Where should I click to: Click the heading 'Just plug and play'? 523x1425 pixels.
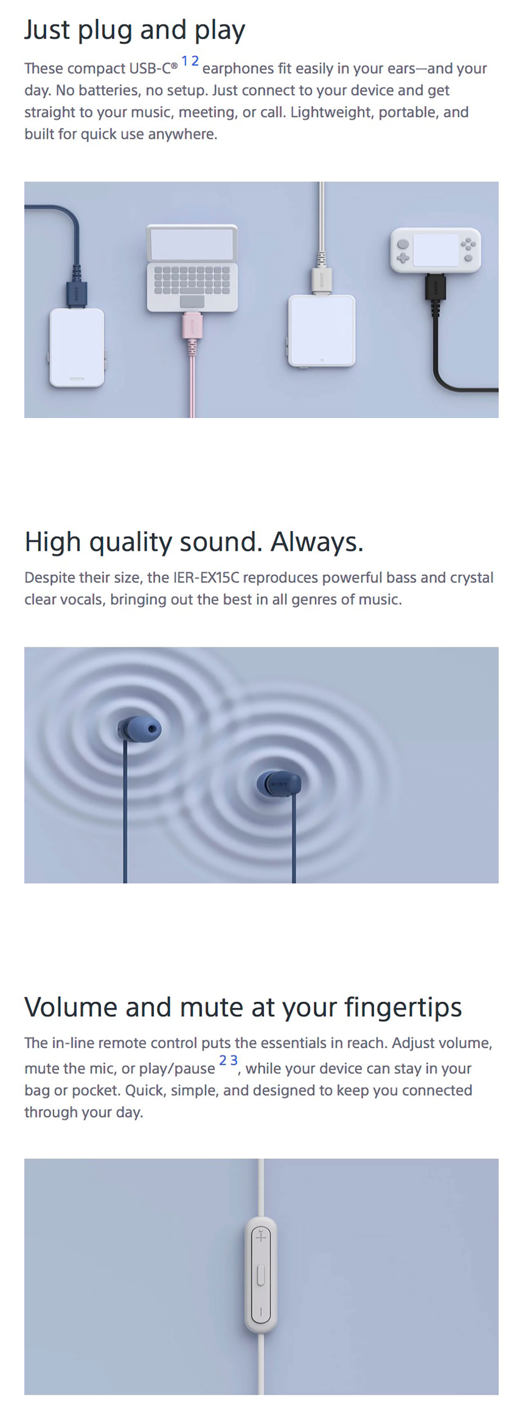[x=134, y=31]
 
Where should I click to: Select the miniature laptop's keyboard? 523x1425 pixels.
[x=192, y=279]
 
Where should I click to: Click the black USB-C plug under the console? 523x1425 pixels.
[x=436, y=287]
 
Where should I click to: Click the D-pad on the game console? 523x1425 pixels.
[x=403, y=257]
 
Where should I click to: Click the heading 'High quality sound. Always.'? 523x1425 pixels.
[x=194, y=542]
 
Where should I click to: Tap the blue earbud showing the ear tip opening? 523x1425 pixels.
[x=141, y=729]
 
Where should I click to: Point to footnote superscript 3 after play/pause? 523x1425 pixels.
[x=234, y=1060]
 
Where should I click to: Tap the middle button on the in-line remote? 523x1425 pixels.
[x=261, y=1276]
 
